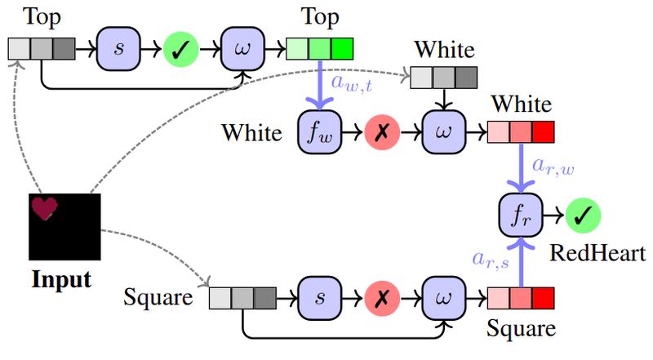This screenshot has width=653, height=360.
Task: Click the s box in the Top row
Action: point(119,48)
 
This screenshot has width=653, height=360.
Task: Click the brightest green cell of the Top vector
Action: point(343,48)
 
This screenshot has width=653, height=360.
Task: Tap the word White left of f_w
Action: point(249,132)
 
